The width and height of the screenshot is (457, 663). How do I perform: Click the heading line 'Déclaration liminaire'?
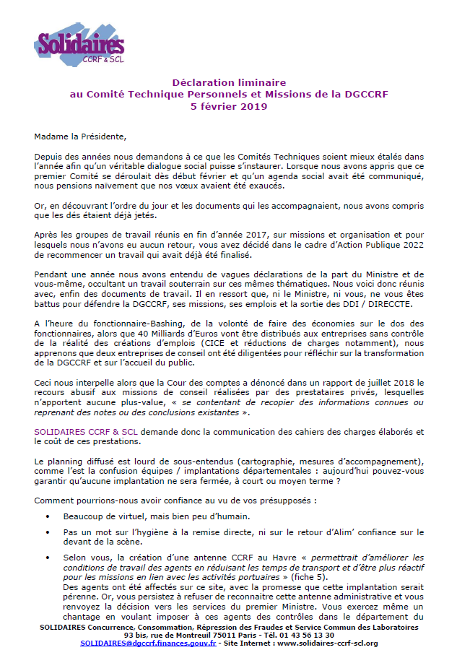[x=228, y=83]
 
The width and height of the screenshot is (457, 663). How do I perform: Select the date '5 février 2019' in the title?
[x=228, y=106]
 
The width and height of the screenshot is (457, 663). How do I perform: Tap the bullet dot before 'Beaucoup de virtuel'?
[x=48, y=517]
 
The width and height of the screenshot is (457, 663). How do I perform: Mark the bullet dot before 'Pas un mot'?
[x=48, y=532]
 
